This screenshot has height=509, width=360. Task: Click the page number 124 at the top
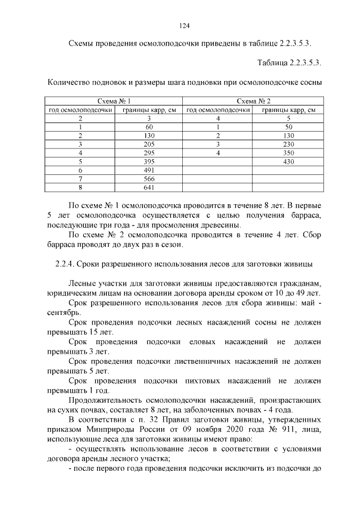pos(183,25)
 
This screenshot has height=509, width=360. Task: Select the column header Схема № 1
pos(114,101)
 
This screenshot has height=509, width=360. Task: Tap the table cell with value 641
pos(148,187)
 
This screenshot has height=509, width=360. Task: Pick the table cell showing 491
pos(148,170)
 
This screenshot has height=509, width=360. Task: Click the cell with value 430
pos(289,161)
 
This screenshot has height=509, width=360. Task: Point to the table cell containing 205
pos(148,144)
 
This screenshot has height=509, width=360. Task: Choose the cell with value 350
pos(289,153)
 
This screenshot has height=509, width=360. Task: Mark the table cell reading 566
pos(148,179)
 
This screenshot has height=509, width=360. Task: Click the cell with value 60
pos(148,127)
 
